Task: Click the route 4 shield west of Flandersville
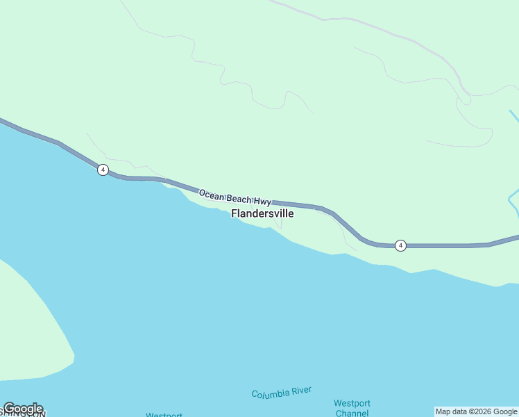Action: [103, 170]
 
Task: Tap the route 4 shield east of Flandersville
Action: [400, 245]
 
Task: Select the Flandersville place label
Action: [262, 214]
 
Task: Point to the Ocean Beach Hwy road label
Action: [235, 196]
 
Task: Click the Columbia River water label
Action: [282, 393]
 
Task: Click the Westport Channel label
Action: [352, 408]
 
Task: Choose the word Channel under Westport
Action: [352, 413]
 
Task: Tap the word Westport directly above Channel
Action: [352, 403]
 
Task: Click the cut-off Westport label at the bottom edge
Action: [164, 414]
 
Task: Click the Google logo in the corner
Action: [23, 409]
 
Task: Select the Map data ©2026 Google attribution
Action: [476, 411]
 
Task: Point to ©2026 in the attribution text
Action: [479, 411]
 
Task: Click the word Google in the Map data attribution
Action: [505, 411]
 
